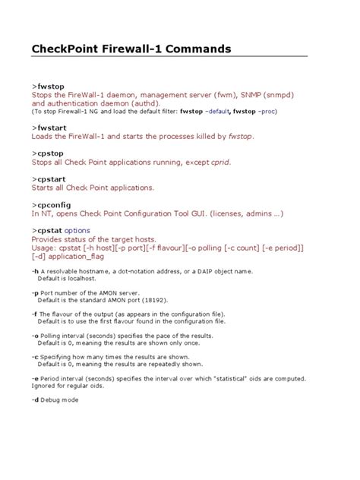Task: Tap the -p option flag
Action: (35, 292)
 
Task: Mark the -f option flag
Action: (34, 314)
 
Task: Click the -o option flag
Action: (35, 335)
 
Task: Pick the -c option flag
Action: (35, 356)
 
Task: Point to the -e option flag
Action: (35, 377)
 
